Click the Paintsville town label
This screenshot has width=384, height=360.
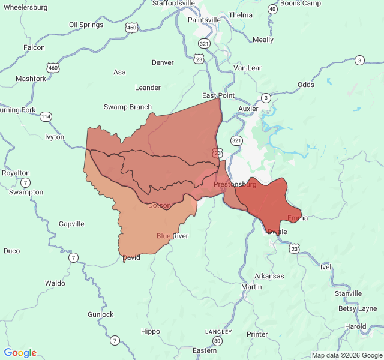[204, 20]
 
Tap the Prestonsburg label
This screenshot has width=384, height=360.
[235, 184]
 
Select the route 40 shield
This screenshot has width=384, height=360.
[272, 9]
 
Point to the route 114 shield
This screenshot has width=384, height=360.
[46, 116]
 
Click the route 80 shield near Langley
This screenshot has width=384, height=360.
[217, 341]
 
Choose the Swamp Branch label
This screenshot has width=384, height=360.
[128, 107]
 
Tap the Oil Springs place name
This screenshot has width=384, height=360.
[86, 25]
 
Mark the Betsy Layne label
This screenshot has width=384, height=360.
[358, 309]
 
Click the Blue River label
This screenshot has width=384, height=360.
[172, 236]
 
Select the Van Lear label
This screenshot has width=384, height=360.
[248, 68]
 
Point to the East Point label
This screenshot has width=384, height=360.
[218, 95]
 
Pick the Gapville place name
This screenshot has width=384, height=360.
[71, 224]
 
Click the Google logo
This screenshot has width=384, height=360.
[20, 353]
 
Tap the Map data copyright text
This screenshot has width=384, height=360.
[346, 355]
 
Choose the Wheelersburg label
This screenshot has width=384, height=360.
[25, 7]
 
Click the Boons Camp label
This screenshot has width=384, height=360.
[301, 3]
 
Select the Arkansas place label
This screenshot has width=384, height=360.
[269, 276]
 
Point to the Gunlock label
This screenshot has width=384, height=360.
[100, 314]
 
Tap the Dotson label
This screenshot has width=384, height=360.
[160, 205]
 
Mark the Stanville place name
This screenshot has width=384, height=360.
[348, 293]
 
